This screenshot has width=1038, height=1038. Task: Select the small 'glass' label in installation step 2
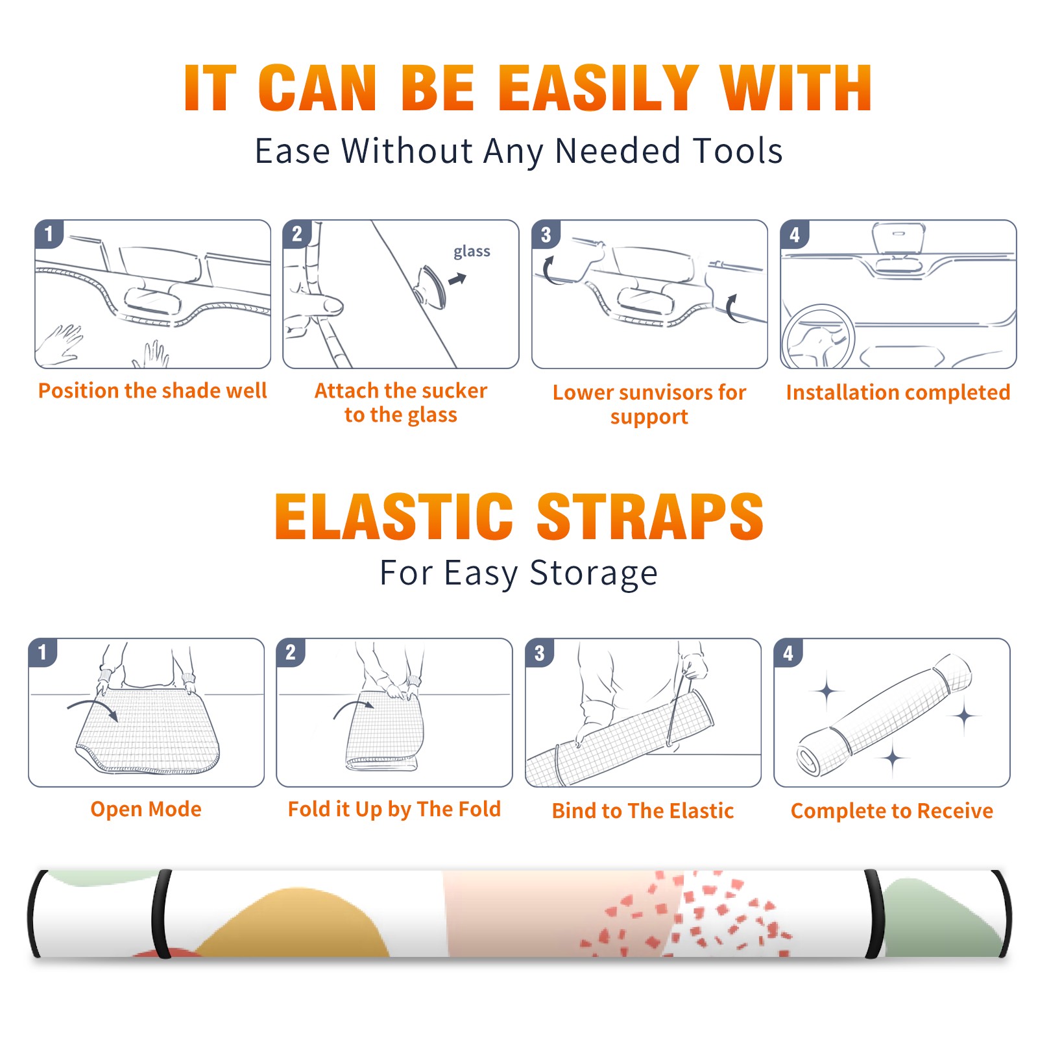point(472,252)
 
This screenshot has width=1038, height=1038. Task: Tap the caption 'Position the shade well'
point(152,391)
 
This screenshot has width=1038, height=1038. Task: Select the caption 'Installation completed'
point(898,392)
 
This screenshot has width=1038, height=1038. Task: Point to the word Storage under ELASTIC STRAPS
point(593,573)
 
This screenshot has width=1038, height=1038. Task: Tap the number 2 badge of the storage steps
point(291,652)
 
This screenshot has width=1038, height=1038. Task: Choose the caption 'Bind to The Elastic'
point(642,810)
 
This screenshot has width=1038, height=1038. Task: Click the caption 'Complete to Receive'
point(891,811)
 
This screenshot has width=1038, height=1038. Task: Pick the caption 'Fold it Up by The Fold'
point(394,810)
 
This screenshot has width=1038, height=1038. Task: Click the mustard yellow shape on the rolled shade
point(295,924)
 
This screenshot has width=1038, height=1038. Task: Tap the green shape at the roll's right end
point(941,918)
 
